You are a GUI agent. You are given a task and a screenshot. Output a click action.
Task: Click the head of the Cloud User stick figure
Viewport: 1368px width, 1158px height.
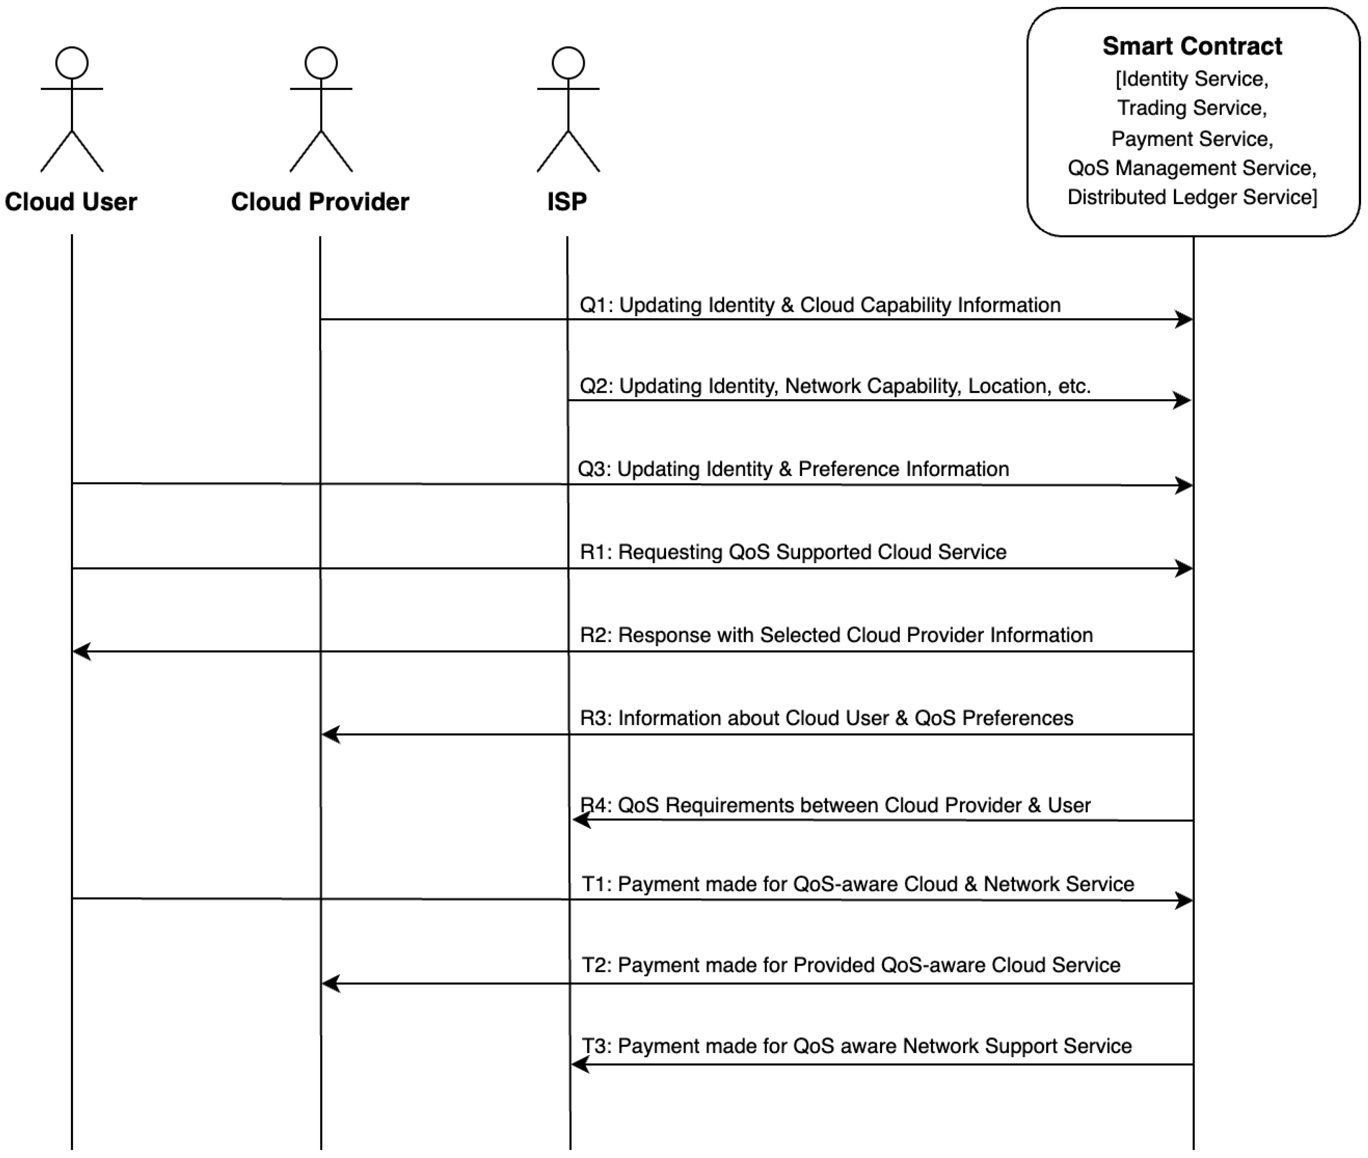[x=72, y=63]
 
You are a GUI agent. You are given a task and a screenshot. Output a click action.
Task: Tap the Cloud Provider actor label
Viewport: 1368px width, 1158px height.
[x=320, y=202]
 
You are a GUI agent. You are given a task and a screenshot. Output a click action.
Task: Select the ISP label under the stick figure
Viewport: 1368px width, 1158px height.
[x=567, y=202]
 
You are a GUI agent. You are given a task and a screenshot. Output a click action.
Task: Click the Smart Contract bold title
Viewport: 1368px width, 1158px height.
[x=1192, y=46]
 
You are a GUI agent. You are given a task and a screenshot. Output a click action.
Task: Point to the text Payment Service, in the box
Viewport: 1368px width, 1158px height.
[x=1192, y=139]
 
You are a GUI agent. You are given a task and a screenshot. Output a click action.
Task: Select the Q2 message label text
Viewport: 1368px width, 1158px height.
[x=835, y=386]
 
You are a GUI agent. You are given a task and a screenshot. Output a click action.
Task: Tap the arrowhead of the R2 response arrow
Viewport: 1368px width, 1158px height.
[x=81, y=651]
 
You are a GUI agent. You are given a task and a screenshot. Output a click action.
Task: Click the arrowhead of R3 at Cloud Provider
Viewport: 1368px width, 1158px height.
[x=330, y=735]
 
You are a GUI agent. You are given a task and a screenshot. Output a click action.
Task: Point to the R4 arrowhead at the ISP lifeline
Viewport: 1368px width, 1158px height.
[x=581, y=820]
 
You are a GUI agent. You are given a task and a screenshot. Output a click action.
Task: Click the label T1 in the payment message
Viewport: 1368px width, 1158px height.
[x=595, y=884]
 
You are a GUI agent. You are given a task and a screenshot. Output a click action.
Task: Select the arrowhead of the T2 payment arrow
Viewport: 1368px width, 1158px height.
[x=330, y=984]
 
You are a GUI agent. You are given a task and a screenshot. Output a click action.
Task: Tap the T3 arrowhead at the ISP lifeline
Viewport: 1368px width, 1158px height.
[x=580, y=1065]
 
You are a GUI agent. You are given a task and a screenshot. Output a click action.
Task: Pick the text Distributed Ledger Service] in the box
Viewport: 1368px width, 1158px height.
[x=1192, y=197]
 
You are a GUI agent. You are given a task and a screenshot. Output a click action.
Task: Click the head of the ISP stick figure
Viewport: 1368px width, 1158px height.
[x=568, y=63]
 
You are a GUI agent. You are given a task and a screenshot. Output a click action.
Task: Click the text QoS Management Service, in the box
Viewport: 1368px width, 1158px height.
[x=1192, y=168]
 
